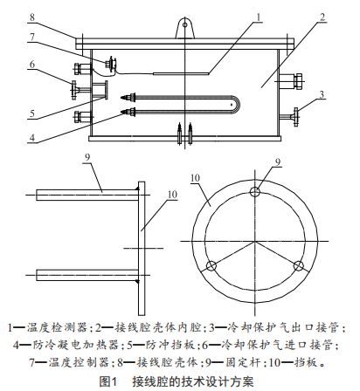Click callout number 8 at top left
32,17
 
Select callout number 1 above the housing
259,17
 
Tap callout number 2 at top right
322,17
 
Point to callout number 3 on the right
322,94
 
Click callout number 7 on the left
32,37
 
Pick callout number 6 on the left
32,64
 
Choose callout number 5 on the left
32,113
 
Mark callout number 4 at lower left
32,137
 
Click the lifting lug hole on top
185,25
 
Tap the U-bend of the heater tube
237,104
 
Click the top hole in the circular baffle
255,191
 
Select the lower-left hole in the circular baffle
211,266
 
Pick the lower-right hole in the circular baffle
299,266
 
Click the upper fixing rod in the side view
87,195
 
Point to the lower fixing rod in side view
87,275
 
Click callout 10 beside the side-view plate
173,195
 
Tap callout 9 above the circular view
278,161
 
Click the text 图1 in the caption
108,381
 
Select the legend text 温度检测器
57,327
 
